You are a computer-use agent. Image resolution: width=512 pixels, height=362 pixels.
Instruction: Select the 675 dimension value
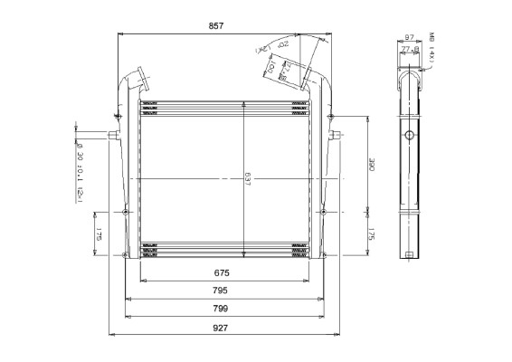[x=221, y=272]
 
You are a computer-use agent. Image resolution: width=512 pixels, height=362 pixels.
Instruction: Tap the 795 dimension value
[x=220, y=291]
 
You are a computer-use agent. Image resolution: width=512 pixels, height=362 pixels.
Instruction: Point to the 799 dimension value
[x=220, y=310]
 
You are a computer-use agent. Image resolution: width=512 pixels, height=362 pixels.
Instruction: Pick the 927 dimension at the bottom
[x=220, y=329]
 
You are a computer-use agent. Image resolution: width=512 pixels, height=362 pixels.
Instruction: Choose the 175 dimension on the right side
[x=372, y=234]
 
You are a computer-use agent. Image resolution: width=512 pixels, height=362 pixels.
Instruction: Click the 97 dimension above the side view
[x=409, y=37]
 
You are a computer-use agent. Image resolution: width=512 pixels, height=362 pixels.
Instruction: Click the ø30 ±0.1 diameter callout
[x=80, y=172]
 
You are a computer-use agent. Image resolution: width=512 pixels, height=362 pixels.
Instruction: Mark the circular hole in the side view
[x=410, y=135]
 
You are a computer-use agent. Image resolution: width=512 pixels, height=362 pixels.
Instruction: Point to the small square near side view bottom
[x=410, y=252]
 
